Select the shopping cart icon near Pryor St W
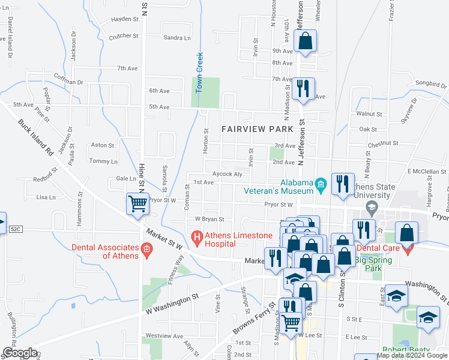coord(138,204)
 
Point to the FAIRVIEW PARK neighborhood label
coord(257,129)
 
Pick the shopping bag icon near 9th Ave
coord(305,41)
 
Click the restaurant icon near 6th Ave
coord(304,89)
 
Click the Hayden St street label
coord(125,19)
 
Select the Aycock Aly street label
coord(226,174)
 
